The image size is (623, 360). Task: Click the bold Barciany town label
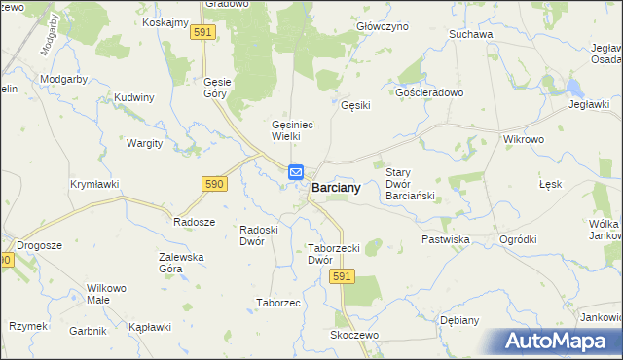tap(336, 188)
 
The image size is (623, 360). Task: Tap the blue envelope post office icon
tap(297, 173)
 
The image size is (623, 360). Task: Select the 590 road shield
tap(215, 183)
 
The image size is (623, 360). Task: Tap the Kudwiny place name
tap(134, 97)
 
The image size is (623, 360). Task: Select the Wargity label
tap(145, 143)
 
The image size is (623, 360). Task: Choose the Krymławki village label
tap(94, 183)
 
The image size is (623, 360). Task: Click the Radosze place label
tap(194, 221)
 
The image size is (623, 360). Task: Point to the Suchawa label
tap(471, 34)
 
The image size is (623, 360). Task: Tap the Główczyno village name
tap(383, 27)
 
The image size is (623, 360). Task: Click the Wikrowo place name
tap(523, 139)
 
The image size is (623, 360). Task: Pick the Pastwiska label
tap(446, 238)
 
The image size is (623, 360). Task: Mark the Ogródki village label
tap(518, 238)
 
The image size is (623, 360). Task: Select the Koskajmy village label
tap(165, 22)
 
